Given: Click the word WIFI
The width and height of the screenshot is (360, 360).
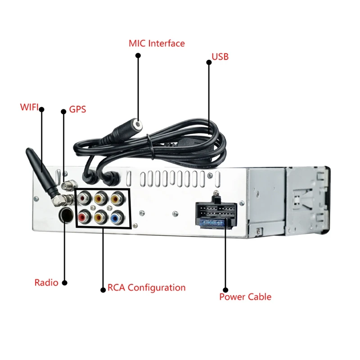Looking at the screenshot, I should [x=29, y=108].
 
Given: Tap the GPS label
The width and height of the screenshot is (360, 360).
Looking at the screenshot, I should [x=77, y=109].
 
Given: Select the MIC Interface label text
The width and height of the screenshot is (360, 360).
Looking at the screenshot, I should [x=157, y=44].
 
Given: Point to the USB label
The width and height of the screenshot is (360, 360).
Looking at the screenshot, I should [x=220, y=57].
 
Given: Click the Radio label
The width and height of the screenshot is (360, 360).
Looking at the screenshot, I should [x=46, y=283].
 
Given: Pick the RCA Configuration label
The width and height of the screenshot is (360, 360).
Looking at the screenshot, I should [x=146, y=288].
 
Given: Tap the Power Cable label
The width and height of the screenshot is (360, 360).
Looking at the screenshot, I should [x=245, y=297].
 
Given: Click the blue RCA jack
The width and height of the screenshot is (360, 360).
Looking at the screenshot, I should [x=116, y=218].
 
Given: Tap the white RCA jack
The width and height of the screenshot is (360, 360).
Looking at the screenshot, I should [x=84, y=197].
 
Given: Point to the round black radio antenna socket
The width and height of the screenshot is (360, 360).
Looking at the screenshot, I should [x=65, y=215].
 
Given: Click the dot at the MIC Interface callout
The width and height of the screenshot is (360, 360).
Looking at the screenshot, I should [x=138, y=55].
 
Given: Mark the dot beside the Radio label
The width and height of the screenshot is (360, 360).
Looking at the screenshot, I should [x=64, y=283].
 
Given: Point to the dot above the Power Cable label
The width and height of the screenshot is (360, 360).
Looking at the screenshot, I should [x=225, y=290].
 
